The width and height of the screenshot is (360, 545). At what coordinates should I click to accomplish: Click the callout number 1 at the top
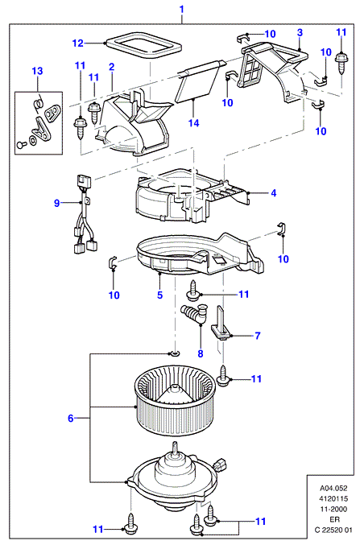[x=181, y=9]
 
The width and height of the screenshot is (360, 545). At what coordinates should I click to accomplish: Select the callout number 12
[x=78, y=43]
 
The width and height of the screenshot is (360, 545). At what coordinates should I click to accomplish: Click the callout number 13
[x=37, y=71]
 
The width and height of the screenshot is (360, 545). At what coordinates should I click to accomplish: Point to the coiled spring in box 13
[x=39, y=103]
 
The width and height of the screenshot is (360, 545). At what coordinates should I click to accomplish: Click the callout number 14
[x=194, y=122]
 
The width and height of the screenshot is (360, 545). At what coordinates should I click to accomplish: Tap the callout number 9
[x=57, y=203]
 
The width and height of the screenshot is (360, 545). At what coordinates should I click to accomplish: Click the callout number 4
[x=274, y=193]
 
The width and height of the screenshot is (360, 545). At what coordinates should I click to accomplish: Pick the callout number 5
[x=159, y=295]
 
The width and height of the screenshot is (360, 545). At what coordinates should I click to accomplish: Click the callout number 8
[x=201, y=353]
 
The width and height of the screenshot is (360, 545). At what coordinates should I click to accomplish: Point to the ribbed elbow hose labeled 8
[x=194, y=314]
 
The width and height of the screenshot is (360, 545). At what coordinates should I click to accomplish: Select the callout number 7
[x=258, y=336]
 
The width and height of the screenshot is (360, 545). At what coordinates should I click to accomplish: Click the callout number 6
[x=71, y=418]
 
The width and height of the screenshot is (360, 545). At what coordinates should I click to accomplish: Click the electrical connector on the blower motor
[x=221, y=464]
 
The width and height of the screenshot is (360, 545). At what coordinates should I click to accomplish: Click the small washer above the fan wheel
[x=174, y=354]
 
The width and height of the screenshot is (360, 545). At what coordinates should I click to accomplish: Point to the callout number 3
[x=300, y=33]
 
